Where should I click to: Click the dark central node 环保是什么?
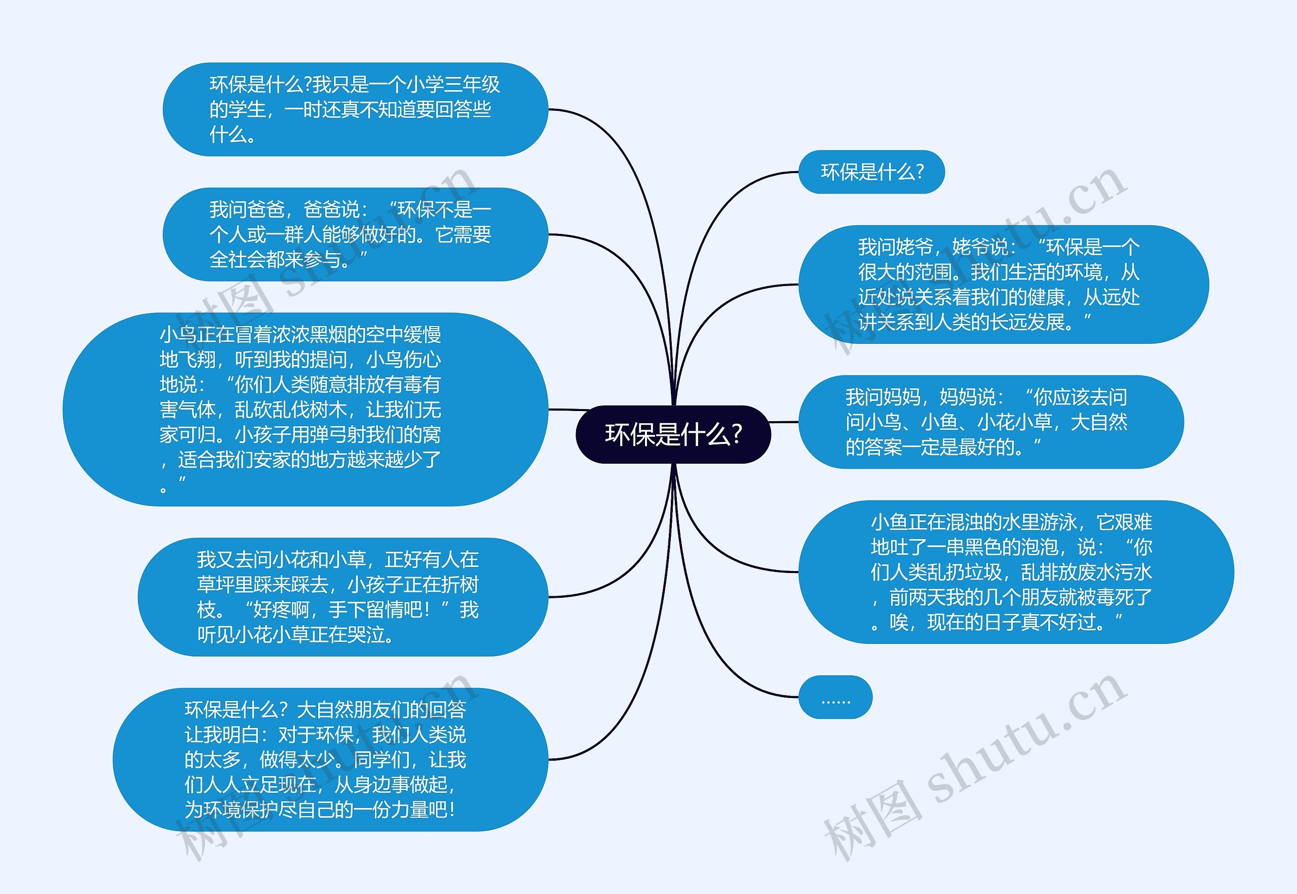(x=673, y=434)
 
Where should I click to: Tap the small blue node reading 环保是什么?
(x=871, y=172)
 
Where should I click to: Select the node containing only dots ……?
(x=835, y=698)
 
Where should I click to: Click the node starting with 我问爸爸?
(x=355, y=234)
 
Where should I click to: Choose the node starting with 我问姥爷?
(x=1003, y=285)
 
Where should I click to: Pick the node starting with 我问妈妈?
(x=990, y=422)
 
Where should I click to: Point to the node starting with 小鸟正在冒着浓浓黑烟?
(x=306, y=410)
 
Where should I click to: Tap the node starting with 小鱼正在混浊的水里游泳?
(x=1016, y=572)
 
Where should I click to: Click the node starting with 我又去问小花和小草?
(x=342, y=597)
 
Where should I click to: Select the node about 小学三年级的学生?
(x=355, y=109)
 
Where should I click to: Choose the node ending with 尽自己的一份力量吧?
(x=330, y=759)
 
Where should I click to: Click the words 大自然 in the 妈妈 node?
(x=1098, y=422)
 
